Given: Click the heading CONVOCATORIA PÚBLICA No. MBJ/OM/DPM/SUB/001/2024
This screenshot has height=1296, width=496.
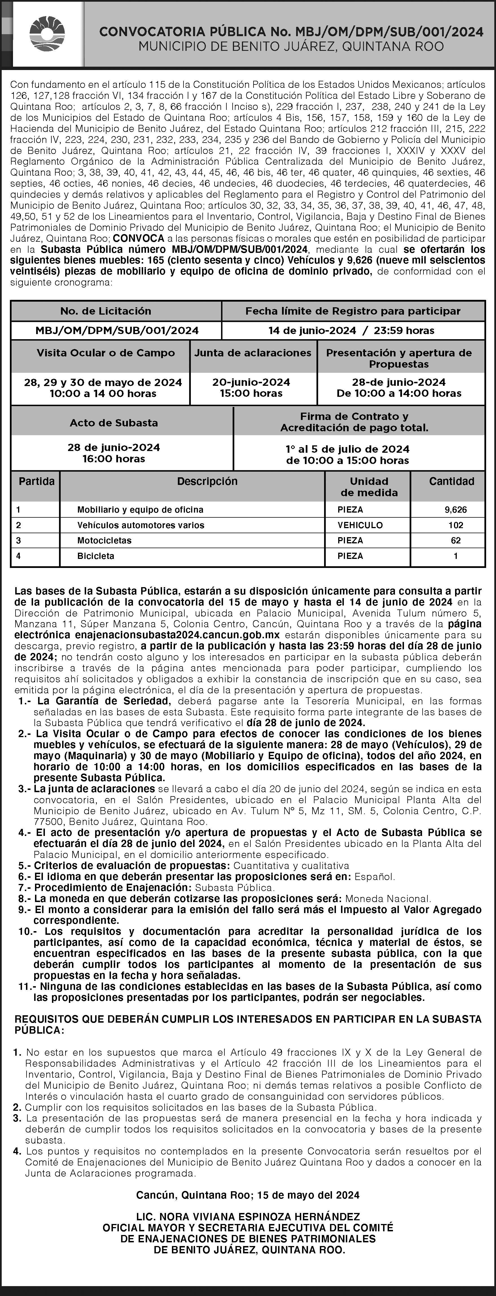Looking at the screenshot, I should point(291,32).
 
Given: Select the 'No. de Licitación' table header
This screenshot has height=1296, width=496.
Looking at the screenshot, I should point(106,311).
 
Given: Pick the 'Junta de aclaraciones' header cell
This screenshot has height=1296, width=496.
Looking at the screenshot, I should point(253,353).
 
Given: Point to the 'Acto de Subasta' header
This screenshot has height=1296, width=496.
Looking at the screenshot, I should point(114,422).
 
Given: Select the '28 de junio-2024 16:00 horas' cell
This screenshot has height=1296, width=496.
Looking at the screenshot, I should point(114,453).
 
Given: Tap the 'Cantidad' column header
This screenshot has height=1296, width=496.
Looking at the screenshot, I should point(451,482).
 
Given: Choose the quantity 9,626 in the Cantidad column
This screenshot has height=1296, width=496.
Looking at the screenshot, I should point(455,510).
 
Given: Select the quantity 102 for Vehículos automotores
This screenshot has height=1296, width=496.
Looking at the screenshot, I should point(456,525).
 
